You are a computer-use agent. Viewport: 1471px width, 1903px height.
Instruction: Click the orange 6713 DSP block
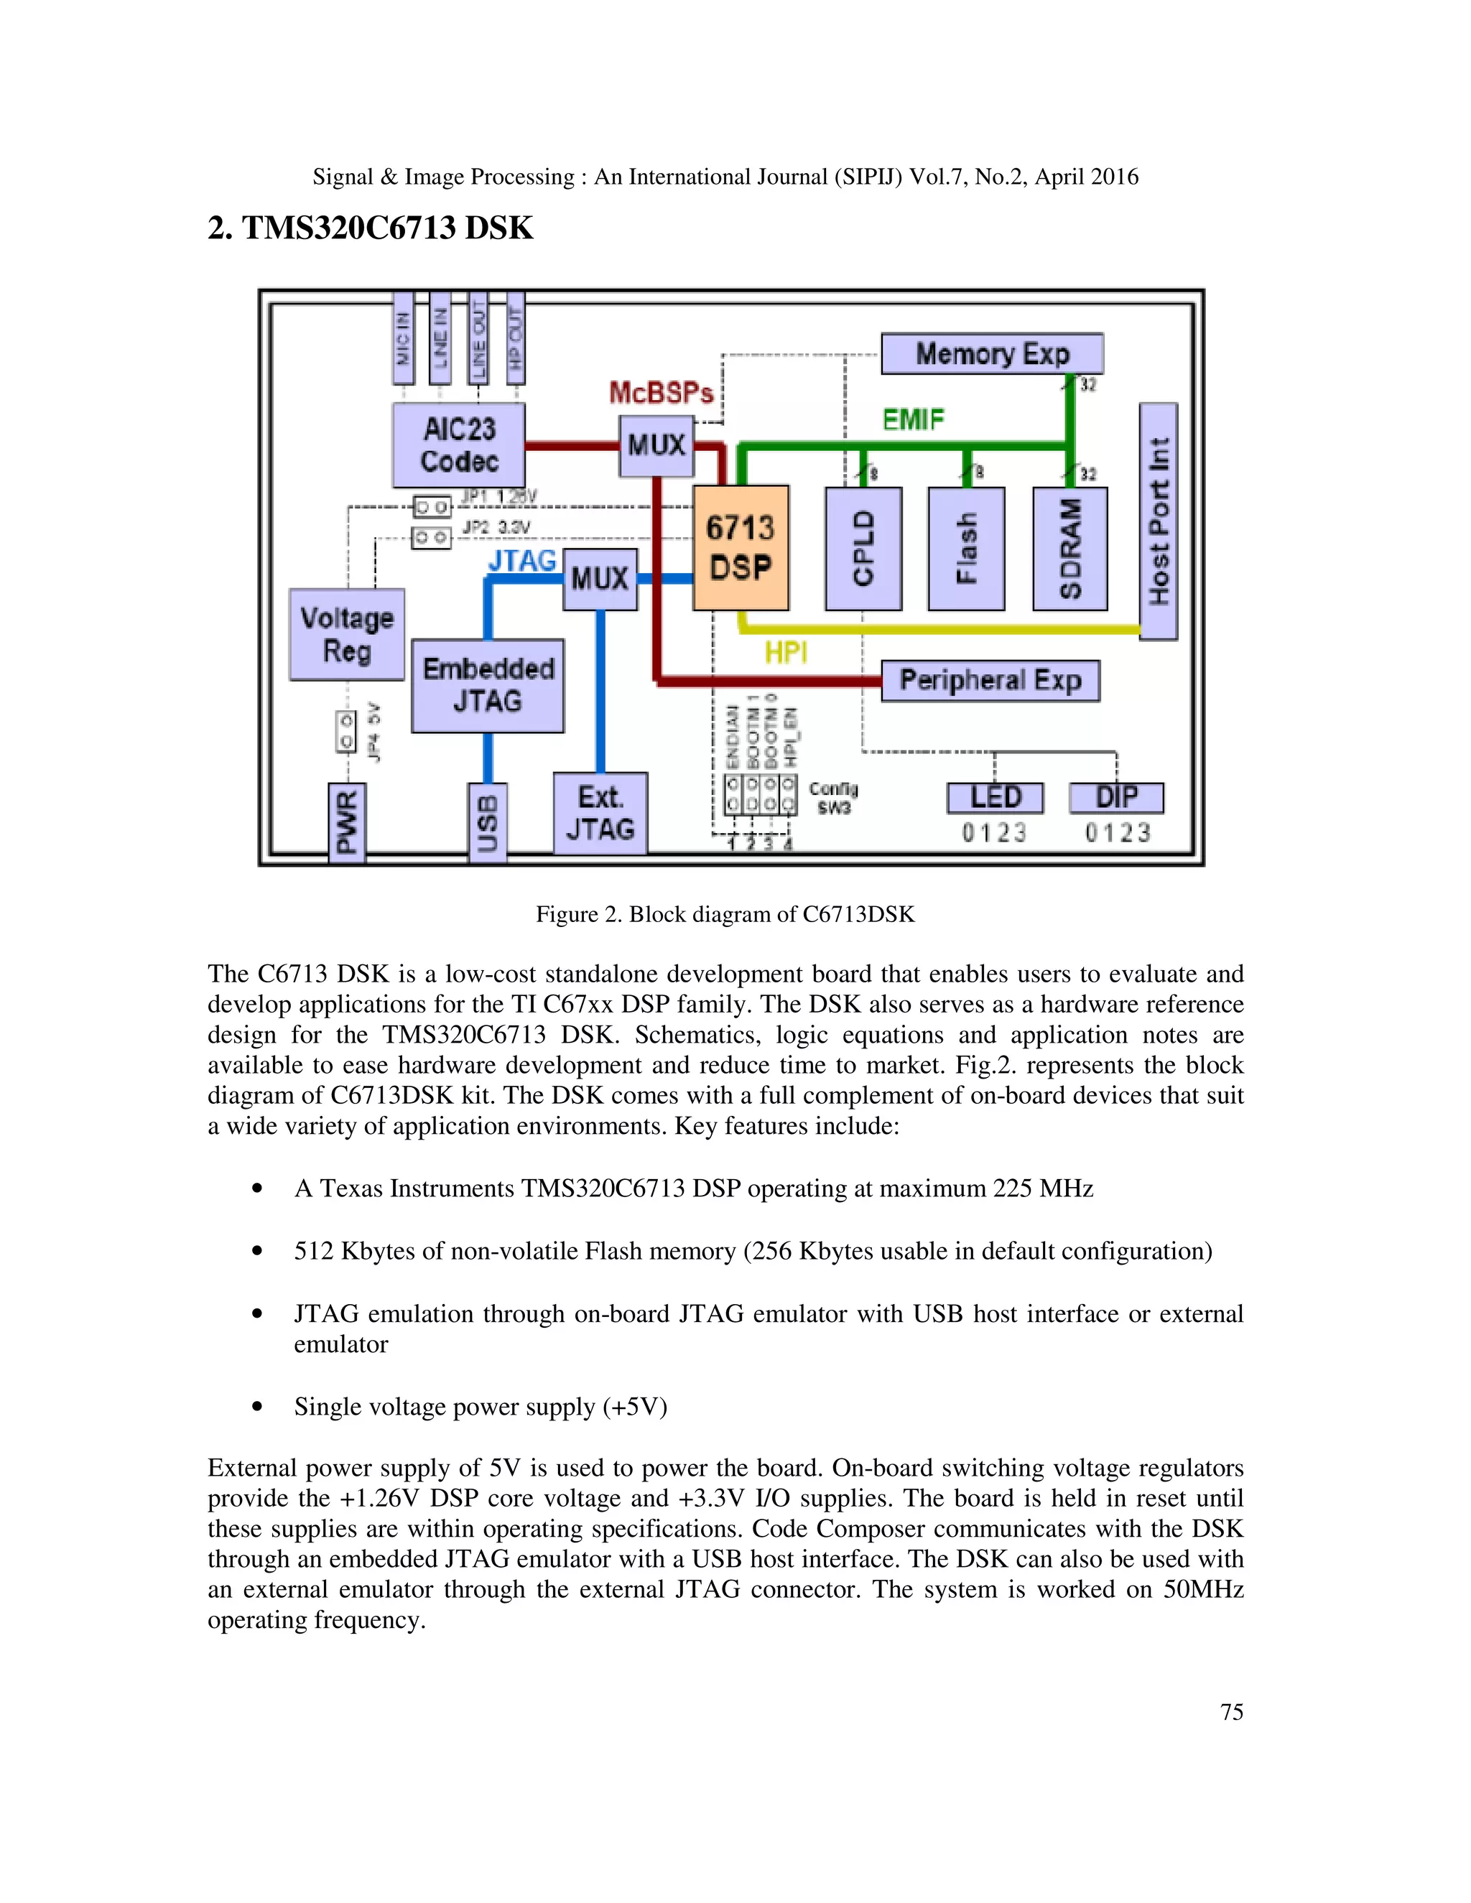pos(740,547)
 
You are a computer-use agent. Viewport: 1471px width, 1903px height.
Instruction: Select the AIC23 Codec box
pos(458,445)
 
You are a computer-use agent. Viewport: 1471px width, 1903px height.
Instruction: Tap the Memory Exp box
pos(992,354)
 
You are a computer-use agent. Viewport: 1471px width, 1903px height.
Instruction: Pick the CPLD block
pos(863,548)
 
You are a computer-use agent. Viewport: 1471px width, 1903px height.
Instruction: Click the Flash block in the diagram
pos(967,548)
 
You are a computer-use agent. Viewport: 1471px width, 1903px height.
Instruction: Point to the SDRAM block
pos(1070,548)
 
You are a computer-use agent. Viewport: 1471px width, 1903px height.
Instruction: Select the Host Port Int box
pos(1158,521)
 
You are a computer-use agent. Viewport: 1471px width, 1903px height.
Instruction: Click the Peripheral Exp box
pos(990,679)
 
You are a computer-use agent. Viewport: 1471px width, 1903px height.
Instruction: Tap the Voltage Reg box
pos(347,634)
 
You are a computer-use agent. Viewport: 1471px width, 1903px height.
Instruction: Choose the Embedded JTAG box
pos(487,685)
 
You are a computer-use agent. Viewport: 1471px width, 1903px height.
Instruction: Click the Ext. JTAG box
pos(600,812)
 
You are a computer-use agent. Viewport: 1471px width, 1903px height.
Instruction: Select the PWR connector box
pos(347,822)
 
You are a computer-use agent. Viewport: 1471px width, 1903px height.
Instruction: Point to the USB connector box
pos(487,822)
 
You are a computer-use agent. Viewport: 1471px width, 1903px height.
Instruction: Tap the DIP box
pos(1116,797)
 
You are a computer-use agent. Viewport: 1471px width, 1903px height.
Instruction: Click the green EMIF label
pos(912,420)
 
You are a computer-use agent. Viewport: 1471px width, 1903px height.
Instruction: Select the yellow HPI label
pos(785,652)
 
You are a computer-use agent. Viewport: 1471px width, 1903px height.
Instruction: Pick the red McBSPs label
pos(661,393)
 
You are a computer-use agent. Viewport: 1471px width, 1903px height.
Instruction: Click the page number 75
pos(1231,1711)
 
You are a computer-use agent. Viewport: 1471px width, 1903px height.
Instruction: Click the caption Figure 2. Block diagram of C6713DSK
pos(725,914)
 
